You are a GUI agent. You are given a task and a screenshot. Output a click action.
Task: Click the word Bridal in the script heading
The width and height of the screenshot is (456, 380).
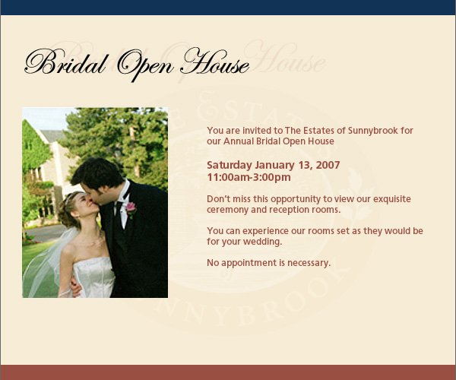pos(66,62)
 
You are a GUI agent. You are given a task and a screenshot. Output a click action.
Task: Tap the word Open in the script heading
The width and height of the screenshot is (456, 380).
pos(145,65)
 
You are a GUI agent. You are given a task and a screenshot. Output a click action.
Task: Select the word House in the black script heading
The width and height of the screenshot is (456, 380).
pos(214,62)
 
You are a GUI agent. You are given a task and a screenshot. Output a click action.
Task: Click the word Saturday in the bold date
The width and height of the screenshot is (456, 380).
pos(230,166)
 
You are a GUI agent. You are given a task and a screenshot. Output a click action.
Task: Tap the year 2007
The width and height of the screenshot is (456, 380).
pos(328,165)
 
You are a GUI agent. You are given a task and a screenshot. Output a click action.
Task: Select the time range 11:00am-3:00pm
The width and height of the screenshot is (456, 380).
pos(249,177)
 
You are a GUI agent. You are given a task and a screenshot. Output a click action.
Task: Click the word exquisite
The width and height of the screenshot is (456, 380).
pos(392,199)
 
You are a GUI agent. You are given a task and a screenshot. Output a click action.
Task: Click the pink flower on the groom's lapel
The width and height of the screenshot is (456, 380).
pos(131,207)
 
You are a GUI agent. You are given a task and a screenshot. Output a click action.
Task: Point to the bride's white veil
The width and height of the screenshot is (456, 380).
pos(46,261)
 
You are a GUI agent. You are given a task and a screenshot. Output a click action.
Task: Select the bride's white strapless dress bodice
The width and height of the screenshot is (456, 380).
pos(93,277)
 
